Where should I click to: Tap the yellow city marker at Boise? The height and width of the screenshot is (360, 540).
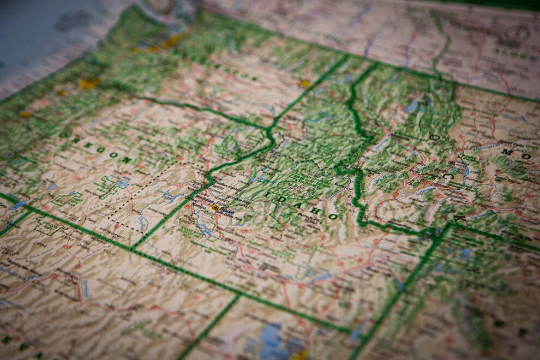coord(215,208)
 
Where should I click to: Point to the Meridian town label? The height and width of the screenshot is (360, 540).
coord(205,200)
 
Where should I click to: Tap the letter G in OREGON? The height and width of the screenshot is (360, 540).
coord(98,150)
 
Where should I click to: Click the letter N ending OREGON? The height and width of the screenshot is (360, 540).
coord(126,160)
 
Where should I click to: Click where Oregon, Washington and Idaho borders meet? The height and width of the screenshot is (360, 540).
coord(269,131)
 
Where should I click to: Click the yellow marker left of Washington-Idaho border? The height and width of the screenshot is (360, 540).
coord(304,83)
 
